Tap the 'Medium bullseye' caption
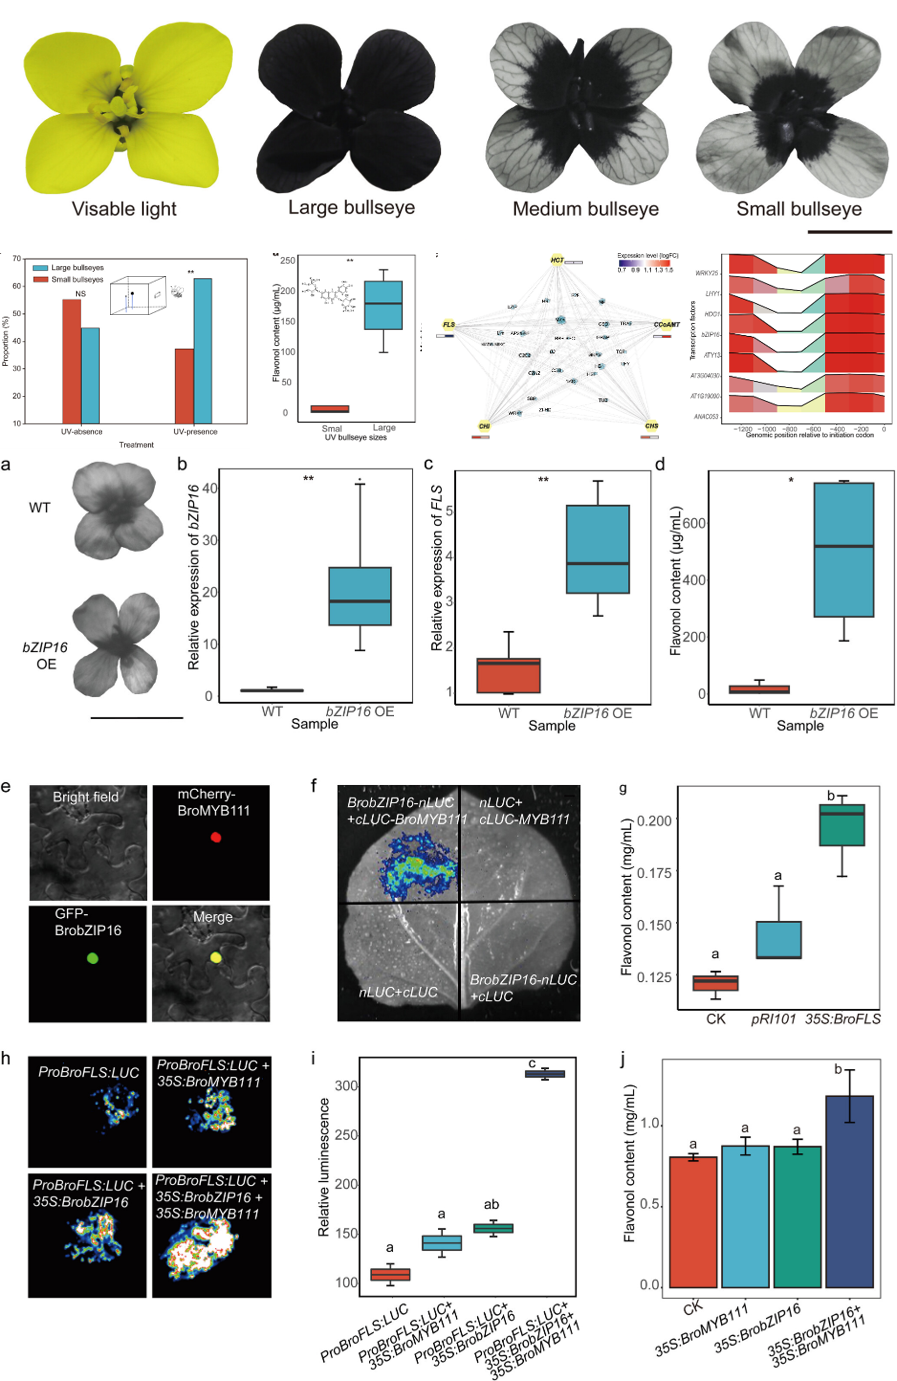point(585,209)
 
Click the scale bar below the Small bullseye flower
point(847,232)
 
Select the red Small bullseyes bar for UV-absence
point(71,361)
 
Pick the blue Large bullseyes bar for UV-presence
point(203,350)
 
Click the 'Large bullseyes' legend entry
point(77,268)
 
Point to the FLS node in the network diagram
point(450,325)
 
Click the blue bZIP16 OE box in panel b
point(360,596)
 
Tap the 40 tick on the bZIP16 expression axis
point(210,489)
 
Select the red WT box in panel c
point(509,675)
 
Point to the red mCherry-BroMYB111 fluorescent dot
point(216,837)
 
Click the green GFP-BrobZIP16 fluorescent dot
point(93,958)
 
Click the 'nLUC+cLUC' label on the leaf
point(398,992)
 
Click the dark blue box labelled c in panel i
point(545,1074)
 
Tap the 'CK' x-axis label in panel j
point(693,1308)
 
